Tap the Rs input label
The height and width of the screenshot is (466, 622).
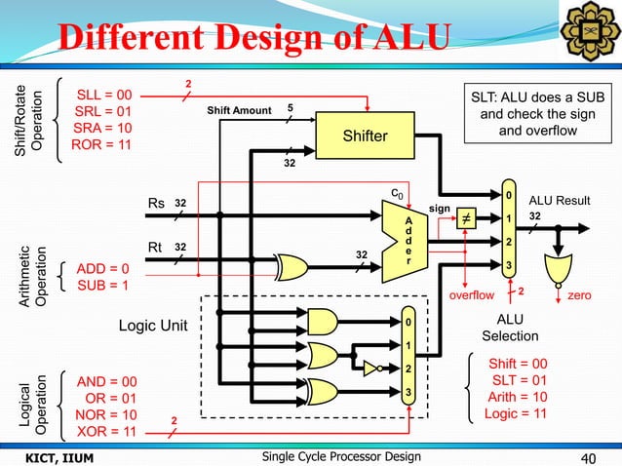[x=155, y=204]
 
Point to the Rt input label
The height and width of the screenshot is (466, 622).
[x=154, y=248]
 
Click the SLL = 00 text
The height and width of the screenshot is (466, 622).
[x=104, y=96]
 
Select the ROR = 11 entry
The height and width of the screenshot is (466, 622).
[x=104, y=147]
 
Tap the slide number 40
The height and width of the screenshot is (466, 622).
[x=588, y=457]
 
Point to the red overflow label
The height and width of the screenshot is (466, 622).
[x=472, y=291]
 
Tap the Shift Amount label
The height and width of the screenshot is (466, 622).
[x=239, y=110]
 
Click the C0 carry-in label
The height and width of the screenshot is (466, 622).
[x=396, y=194]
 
